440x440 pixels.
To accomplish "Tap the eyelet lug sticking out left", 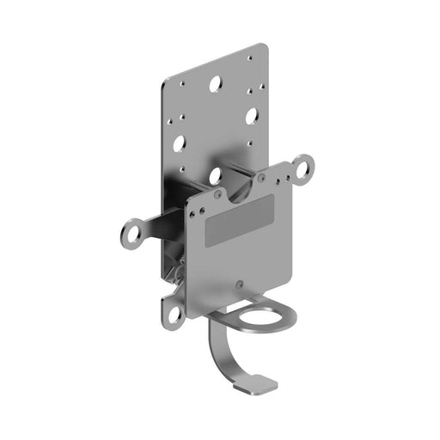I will (x=131, y=231).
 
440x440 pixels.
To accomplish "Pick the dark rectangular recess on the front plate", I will (x=240, y=222).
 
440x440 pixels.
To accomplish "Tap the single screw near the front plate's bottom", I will (x=240, y=283).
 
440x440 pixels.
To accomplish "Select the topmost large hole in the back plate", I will (x=214, y=85).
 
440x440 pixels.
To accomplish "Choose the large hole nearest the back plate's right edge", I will (x=252, y=114).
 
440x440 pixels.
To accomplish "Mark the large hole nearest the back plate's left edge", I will (x=179, y=144).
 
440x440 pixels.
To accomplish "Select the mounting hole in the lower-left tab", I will (x=175, y=313).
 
